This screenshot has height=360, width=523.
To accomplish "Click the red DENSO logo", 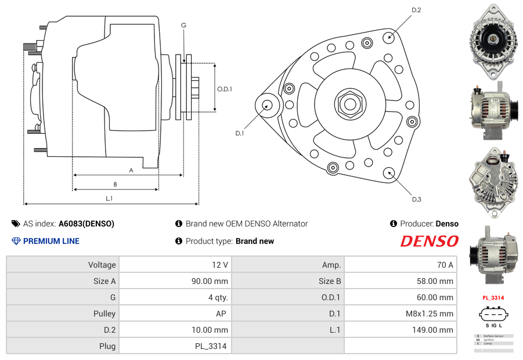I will pyautogui.click(x=429, y=241).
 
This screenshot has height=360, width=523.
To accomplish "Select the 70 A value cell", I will pyautogui.click(x=445, y=265).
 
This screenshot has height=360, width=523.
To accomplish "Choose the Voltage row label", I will pyautogui.click(x=102, y=265).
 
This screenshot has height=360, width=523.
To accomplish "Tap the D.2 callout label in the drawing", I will pyautogui.click(x=416, y=10).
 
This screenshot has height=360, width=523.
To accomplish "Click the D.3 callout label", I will pyautogui.click(x=416, y=199).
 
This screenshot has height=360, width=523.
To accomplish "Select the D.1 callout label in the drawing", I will pyautogui.click(x=239, y=134).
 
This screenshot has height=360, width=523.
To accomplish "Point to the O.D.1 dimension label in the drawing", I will pyautogui.click(x=225, y=89).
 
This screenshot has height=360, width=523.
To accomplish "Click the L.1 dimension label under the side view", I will pyautogui.click(x=109, y=199).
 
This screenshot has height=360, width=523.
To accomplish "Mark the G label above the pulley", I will pyautogui.click(x=183, y=25).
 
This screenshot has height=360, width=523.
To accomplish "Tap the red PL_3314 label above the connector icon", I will pyautogui.click(x=493, y=298).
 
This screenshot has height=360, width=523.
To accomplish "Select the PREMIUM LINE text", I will pyautogui.click(x=51, y=241).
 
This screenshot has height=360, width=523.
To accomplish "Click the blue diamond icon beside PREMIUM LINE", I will pyautogui.click(x=16, y=241).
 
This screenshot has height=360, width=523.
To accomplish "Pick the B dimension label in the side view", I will pyautogui.click(x=116, y=185).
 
